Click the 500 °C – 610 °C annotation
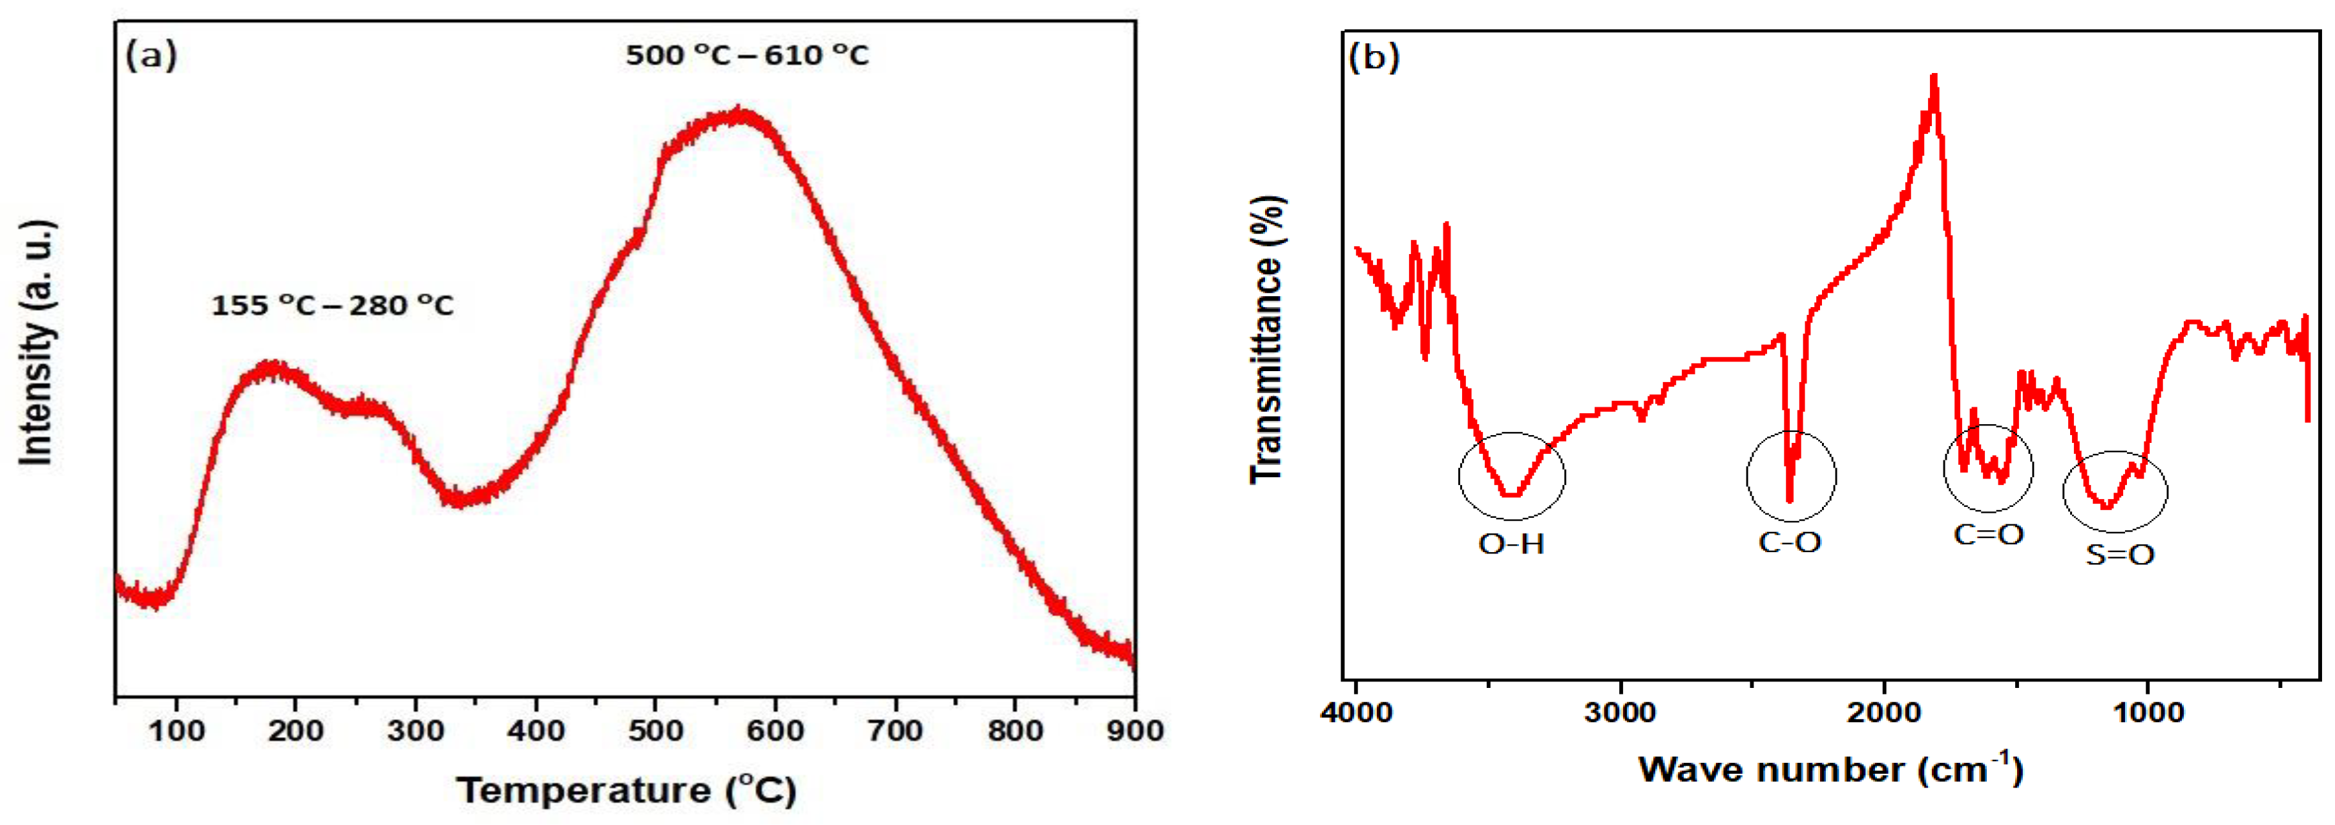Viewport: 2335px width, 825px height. point(747,56)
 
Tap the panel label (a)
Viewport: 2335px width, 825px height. point(151,56)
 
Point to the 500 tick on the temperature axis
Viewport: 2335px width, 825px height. point(655,730)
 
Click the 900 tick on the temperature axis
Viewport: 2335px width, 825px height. point(1134,730)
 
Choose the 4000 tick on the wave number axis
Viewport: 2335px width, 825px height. point(1356,712)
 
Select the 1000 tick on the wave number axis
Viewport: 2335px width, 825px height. point(2148,712)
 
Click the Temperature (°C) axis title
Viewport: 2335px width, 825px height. point(625,789)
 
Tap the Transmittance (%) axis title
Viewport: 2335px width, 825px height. point(1267,340)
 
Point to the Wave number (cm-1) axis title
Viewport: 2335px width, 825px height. point(1830,769)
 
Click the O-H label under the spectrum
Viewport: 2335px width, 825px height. point(1511,544)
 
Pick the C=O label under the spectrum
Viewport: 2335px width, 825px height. point(1989,534)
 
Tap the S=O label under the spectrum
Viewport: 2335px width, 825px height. point(2119,554)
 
